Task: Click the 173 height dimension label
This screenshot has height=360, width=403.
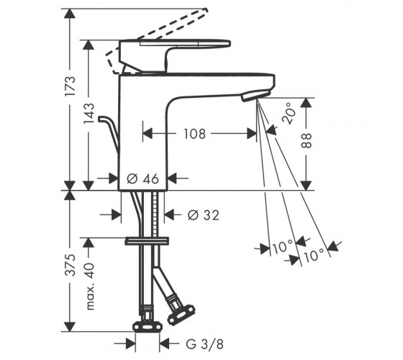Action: coord(71,86)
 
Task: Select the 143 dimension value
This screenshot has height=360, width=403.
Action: coord(89,114)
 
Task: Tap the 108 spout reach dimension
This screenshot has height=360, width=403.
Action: coord(194,134)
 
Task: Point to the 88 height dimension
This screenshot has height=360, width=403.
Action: coord(306,140)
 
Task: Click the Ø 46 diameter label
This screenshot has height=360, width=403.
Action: coord(143,179)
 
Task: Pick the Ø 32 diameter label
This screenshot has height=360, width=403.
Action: coord(204,215)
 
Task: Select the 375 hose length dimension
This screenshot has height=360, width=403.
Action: coord(71,265)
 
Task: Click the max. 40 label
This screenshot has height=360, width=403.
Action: coord(90,286)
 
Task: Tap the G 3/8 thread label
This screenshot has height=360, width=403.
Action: coord(204,344)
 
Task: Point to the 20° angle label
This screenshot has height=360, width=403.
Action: coord(289,113)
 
